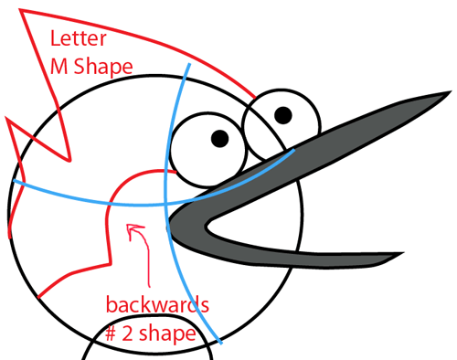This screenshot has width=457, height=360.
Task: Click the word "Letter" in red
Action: [77, 40]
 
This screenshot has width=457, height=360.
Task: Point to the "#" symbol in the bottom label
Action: [112, 334]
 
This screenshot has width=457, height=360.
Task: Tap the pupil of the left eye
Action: [220, 138]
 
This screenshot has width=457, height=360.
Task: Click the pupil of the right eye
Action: [282, 115]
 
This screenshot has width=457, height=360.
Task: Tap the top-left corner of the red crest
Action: [21, 11]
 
